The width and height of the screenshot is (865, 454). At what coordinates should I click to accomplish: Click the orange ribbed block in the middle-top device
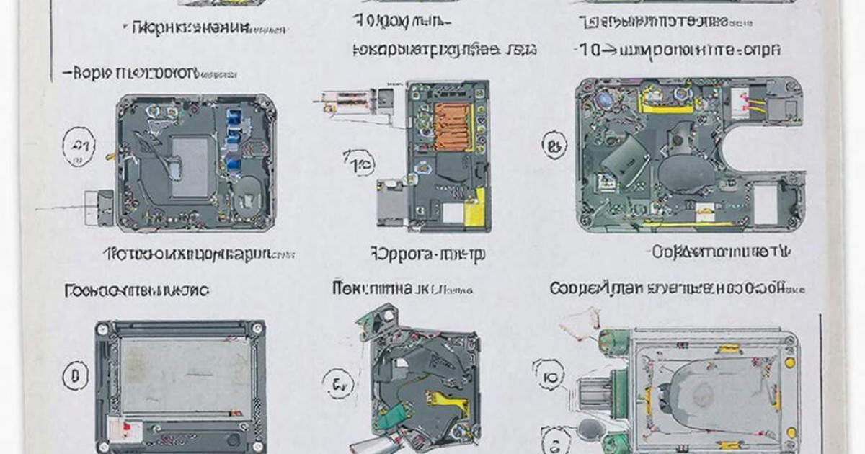pyautogui.click(x=453, y=126)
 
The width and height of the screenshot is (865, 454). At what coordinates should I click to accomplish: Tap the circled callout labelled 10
pyautogui.click(x=359, y=165)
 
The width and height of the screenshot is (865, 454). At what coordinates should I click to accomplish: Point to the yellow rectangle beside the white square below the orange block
pyautogui.click(x=475, y=212)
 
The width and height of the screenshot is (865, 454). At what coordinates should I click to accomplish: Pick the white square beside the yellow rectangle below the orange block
pyautogui.click(x=454, y=213)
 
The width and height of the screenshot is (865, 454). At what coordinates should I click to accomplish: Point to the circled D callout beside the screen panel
pyautogui.click(x=74, y=375)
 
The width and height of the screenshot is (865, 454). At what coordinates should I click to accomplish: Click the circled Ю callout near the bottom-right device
pyautogui.click(x=549, y=375)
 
